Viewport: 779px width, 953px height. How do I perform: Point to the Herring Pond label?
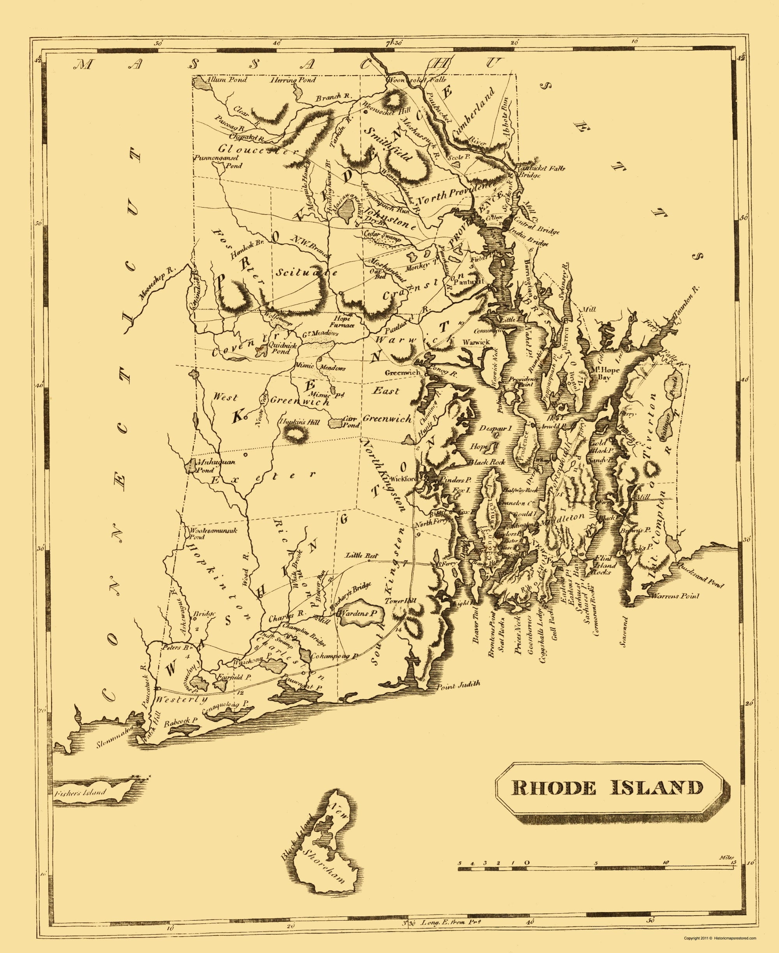click(x=293, y=80)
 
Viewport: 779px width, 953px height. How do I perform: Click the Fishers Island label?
click(x=79, y=793)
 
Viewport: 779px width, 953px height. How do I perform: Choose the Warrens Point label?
click(x=675, y=596)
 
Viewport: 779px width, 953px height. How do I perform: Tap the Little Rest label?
click(x=362, y=555)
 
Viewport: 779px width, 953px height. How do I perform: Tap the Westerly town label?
click(x=181, y=699)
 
